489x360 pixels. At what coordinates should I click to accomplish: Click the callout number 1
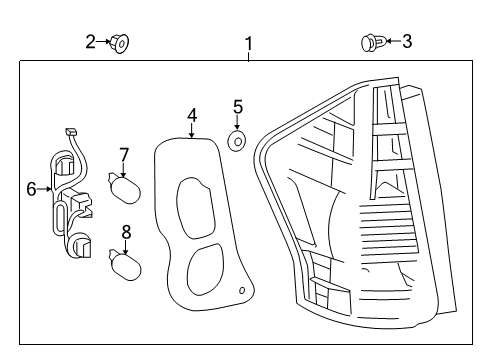[x=249, y=43]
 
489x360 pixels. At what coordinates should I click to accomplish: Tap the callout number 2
[x=90, y=41]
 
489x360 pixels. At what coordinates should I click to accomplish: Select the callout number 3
[x=407, y=41]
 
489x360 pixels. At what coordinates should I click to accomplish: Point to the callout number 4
[x=191, y=116]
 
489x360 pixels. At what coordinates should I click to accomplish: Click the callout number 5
[x=238, y=106]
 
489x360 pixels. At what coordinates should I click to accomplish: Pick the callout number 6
[x=31, y=187]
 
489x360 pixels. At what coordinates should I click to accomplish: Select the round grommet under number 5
[x=237, y=141]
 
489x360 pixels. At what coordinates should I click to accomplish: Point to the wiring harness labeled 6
[x=68, y=200]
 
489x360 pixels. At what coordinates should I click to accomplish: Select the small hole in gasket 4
[x=241, y=291]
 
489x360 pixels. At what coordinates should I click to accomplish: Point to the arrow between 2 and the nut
[x=104, y=42]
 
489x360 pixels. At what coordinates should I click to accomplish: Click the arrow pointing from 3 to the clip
[x=391, y=41]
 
